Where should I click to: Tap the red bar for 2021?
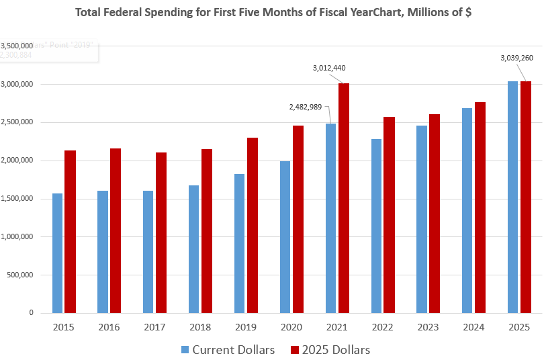(344, 198)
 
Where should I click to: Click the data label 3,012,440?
(329, 68)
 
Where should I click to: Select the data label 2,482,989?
(306, 107)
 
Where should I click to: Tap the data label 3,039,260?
(516, 58)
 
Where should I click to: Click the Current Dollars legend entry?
(228, 349)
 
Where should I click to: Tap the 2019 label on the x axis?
(244, 327)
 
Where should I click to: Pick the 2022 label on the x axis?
(381, 327)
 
